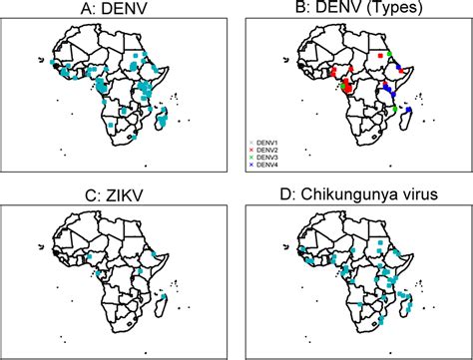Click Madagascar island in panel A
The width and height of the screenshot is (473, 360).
pos(162,123)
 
